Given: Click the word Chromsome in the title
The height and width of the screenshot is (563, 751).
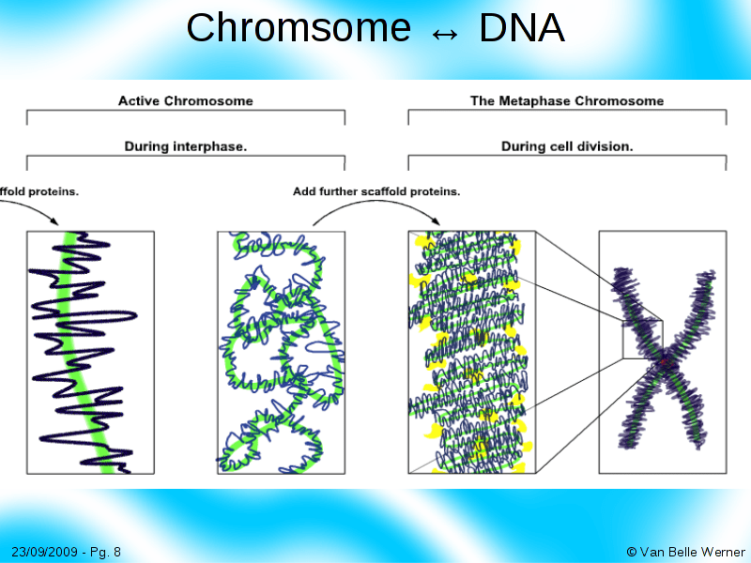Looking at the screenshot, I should point(298,28).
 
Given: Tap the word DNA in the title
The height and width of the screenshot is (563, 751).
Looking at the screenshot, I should point(521,28).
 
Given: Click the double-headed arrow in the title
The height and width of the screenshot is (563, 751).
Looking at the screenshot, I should point(445,32).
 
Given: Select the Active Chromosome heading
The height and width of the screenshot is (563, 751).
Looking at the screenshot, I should point(185,100).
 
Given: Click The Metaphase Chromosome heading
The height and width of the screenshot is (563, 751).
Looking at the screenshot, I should point(566,100).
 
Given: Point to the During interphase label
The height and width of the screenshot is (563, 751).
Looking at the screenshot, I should point(185,146).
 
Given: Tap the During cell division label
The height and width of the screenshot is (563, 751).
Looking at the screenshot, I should point(566,146).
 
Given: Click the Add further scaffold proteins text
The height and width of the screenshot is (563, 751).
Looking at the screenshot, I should point(375,191).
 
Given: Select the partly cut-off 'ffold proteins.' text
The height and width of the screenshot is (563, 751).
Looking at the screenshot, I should point(39,191).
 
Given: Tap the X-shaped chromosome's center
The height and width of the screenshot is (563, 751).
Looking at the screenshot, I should point(662,361).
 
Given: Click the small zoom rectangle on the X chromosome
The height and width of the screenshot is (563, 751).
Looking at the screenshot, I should point(642,339).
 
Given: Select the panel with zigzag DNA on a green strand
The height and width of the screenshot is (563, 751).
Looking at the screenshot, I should point(90,352).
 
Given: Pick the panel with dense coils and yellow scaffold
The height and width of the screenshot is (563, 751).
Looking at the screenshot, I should point(471,352).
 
